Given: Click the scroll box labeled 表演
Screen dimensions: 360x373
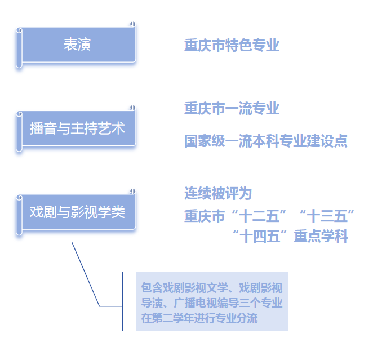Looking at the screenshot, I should [77, 45].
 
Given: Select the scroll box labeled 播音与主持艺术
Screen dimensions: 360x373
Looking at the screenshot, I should [77, 128].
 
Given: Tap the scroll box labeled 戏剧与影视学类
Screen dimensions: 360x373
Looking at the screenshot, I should [77, 212].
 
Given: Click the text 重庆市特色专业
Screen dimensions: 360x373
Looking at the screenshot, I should [232, 45].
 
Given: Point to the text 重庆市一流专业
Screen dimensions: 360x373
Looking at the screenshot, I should [232, 108].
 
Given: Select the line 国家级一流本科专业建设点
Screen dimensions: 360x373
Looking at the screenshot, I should [265, 141].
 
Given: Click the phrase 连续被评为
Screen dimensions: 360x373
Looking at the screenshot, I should [217, 193].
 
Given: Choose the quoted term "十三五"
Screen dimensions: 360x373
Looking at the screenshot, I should [327, 215].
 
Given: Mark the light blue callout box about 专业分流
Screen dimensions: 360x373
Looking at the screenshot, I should [211, 302].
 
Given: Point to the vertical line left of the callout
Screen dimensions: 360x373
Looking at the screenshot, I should [122, 301].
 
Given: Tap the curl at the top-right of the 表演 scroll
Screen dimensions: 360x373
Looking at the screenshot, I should [132, 24].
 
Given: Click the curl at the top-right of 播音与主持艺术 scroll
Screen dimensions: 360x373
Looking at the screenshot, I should [132, 107].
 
